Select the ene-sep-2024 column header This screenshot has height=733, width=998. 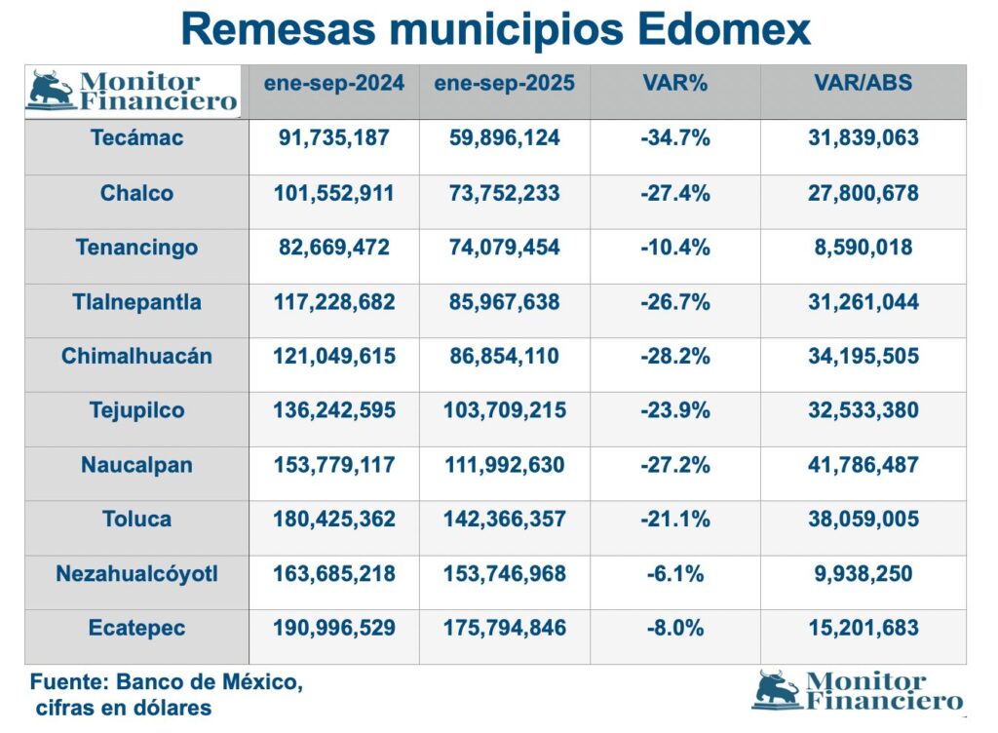pos(333,83)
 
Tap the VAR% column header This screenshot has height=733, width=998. pos(675,83)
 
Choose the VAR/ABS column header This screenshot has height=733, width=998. pos(863,83)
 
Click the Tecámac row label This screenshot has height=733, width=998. pos(136,138)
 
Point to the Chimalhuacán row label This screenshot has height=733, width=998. pos(136,357)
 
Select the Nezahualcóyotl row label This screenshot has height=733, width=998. pos(136,574)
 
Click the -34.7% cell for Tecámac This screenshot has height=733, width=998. pos(675,138)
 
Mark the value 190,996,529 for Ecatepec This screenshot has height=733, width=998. pos(333,629)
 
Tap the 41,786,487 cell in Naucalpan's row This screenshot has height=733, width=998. pos(863,465)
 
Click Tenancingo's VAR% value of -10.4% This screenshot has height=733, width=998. pos(675,248)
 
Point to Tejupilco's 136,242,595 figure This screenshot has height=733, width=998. pos(333,410)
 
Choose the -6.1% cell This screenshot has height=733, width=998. pos(675,574)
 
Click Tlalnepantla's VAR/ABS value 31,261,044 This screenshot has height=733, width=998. pos(863,302)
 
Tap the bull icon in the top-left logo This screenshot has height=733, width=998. pos(51,89)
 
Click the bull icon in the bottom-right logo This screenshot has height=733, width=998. pos(777,689)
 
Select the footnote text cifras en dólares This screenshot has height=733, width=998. pos(123,708)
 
